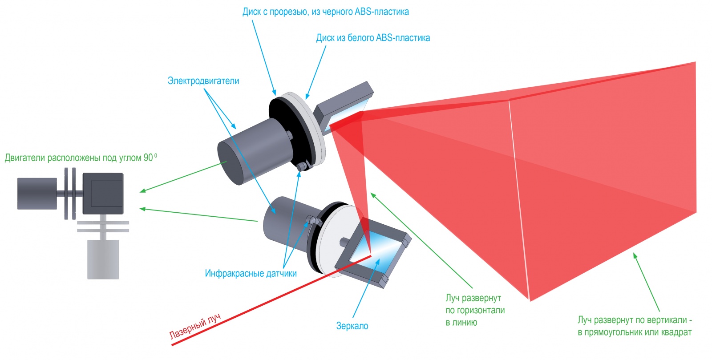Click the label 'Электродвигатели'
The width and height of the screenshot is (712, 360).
[x=203, y=81]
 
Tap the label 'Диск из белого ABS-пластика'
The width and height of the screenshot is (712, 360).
[x=373, y=38]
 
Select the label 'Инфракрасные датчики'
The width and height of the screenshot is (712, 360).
[x=251, y=273]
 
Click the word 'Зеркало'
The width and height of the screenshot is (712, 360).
[x=352, y=326]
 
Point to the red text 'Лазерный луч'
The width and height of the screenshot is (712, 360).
[x=194, y=328]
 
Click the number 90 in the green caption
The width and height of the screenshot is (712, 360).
[x=148, y=158]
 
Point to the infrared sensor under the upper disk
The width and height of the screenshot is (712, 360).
[x=303, y=166]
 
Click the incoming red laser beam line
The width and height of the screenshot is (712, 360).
[x=267, y=298]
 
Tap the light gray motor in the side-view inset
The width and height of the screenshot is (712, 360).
[x=103, y=259]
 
